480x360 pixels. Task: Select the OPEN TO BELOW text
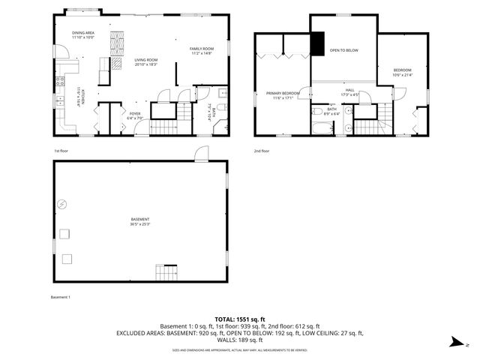(x=344, y=50)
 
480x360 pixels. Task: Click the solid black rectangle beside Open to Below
(x=316, y=45)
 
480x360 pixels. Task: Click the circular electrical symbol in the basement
(x=63, y=203)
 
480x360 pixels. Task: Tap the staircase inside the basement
(x=166, y=273)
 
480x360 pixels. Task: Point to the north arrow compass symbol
(x=456, y=343)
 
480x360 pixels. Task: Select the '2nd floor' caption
(x=262, y=151)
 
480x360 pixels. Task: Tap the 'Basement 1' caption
(x=60, y=298)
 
